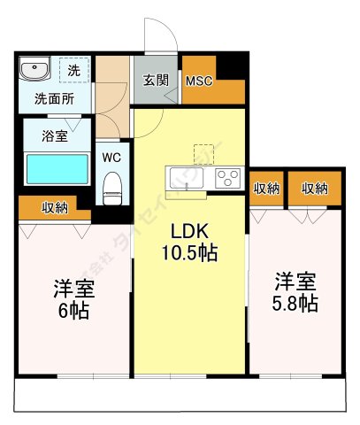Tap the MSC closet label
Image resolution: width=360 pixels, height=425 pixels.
click(199, 81)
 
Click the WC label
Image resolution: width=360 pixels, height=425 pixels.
click(111, 157)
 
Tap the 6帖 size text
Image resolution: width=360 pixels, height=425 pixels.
click(73, 311)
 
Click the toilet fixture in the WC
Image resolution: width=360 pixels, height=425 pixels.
click(112, 185)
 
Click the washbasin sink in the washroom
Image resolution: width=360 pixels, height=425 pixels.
click(36, 69)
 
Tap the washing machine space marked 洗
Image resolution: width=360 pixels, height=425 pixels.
click(73, 70)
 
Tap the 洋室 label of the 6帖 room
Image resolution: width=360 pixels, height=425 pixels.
click(73, 289)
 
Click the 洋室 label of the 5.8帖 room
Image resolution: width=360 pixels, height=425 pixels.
click(294, 281)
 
